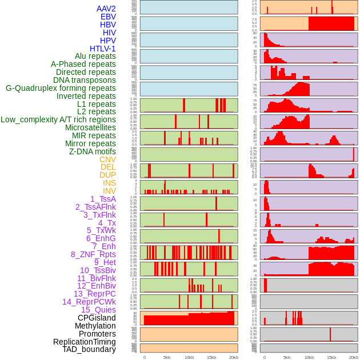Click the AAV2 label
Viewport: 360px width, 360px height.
coord(106,9)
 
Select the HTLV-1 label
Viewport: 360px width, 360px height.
coord(102,49)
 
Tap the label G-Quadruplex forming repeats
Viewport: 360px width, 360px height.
coord(61,88)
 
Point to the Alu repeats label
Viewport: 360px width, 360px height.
coord(95,56)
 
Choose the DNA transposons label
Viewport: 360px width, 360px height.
coord(84,80)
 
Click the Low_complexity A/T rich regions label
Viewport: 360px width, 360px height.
coord(58,119)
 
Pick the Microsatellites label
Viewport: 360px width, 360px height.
coord(90,127)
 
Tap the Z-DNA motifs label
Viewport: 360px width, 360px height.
coord(92,151)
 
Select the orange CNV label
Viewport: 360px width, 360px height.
coord(107,159)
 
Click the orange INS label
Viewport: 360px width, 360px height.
coord(109,183)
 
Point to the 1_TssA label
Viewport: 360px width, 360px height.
coord(103,199)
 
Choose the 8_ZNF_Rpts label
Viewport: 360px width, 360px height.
coord(93,254)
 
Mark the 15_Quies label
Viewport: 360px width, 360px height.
coord(98,310)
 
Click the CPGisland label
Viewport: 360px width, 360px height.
coord(97,318)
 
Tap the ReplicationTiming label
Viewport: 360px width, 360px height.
coord(84,342)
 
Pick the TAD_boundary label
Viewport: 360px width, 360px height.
coord(89,349)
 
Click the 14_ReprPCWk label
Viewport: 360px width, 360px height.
coord(89,302)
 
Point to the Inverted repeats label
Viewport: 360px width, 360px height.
coord(86,96)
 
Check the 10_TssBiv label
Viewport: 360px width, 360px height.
coord(98,270)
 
